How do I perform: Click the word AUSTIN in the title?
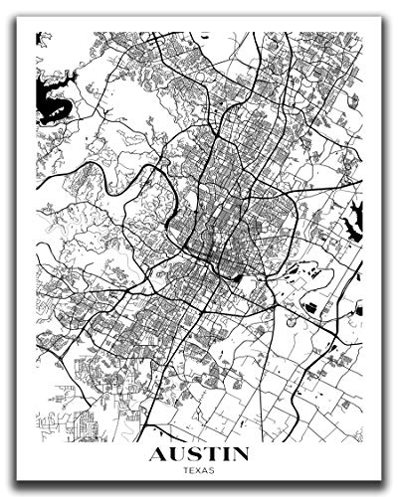pyautogui.click(x=199, y=456)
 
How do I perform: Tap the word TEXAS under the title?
pyautogui.click(x=199, y=472)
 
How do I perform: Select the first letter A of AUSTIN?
pyautogui.click(x=157, y=456)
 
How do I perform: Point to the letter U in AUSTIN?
pyautogui.click(x=175, y=456)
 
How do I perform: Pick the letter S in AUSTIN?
pyautogui.click(x=193, y=456)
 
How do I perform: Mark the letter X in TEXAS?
pyautogui.click(x=199, y=472)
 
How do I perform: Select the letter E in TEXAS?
pyautogui.click(x=191, y=472)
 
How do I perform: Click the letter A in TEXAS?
pyautogui.click(x=206, y=472)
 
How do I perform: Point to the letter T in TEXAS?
pyautogui.click(x=184, y=472)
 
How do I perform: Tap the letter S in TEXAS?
pyautogui.click(x=214, y=472)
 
